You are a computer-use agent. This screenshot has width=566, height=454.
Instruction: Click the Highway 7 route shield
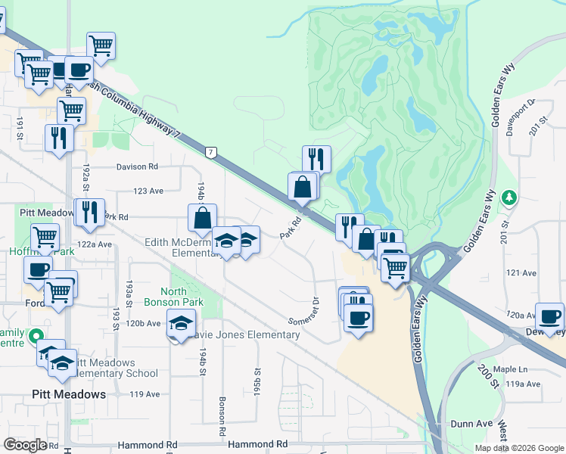tap(213, 152)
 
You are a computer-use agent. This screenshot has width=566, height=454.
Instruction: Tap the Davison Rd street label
tap(137, 166)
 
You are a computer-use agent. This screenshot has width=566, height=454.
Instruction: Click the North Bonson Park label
tap(184, 297)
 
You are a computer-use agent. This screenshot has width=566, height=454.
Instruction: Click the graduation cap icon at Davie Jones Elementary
tap(181, 324)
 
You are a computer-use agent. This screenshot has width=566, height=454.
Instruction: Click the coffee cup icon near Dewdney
tap(549, 316)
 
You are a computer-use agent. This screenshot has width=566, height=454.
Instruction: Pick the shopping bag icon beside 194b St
tap(203, 218)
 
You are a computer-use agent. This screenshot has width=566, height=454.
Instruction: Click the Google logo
tap(25, 444)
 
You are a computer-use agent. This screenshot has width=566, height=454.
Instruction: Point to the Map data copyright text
tap(519, 448)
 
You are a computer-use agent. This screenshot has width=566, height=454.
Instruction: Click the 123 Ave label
tap(148, 191)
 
